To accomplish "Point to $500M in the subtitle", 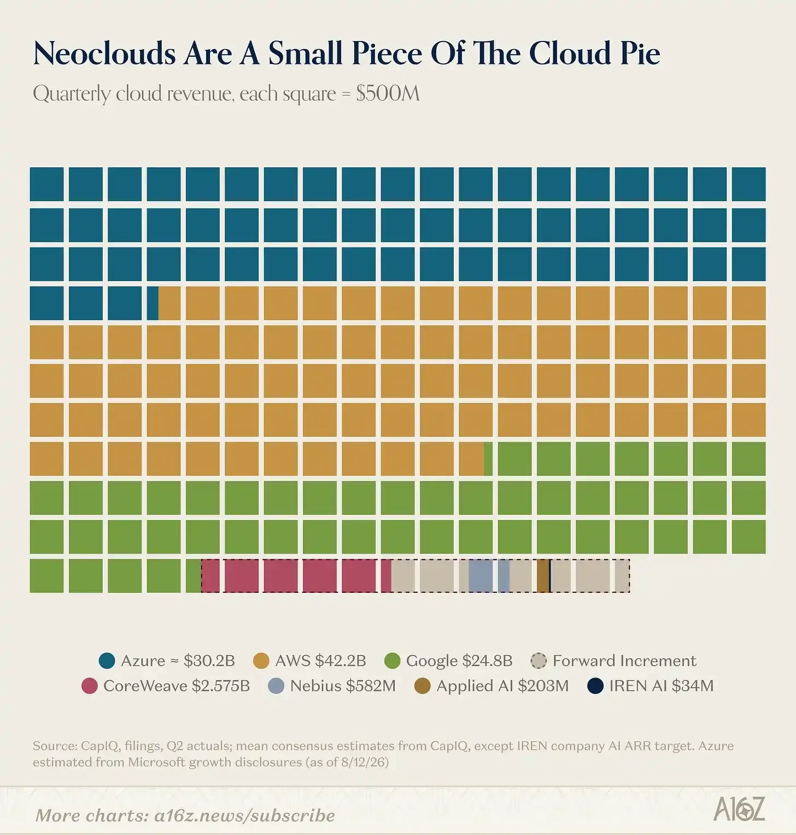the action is coord(388,94).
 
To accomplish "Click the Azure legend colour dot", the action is coord(107,661).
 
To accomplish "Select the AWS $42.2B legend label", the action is coord(320,661).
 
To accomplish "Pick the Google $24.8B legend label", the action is coord(459,661).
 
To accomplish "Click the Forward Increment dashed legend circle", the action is coord(539,661).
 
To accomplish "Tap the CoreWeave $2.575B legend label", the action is coord(177,686).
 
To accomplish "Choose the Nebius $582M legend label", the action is coord(343,686).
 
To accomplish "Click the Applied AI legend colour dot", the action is coord(423,686).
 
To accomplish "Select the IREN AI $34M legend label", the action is coord(662,686).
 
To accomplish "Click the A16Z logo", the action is coord(739,809).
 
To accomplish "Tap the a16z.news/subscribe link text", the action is coord(245,815).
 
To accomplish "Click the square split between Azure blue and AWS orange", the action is coord(163,303).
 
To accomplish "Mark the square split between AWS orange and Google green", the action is coord(476,459).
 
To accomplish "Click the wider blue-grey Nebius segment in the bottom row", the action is coord(481,576).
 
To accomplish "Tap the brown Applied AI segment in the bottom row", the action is coord(543,576).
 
